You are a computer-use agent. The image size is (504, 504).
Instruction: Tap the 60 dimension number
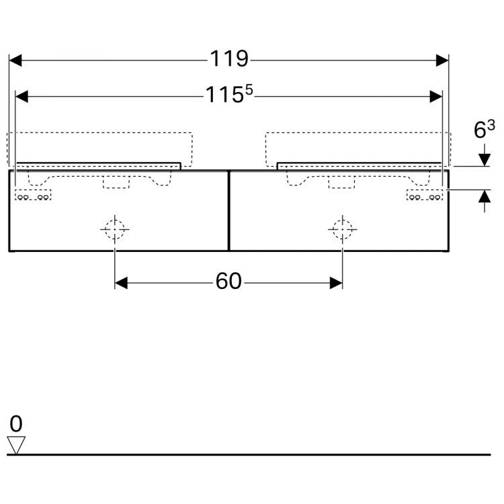(228, 282)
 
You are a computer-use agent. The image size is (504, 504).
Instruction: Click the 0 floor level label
(16, 423)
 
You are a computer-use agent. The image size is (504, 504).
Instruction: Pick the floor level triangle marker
(15, 445)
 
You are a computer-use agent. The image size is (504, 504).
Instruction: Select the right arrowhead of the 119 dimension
(442, 60)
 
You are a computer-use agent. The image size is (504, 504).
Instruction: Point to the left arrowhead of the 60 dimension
(122, 283)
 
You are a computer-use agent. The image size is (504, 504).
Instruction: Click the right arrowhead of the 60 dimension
(336, 283)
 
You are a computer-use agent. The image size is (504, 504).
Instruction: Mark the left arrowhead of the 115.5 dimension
(22, 97)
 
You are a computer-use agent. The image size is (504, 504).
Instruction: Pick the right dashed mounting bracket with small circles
(425, 195)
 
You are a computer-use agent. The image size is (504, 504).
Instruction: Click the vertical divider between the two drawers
(229, 210)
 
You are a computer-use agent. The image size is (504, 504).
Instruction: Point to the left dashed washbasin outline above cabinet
(99, 146)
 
